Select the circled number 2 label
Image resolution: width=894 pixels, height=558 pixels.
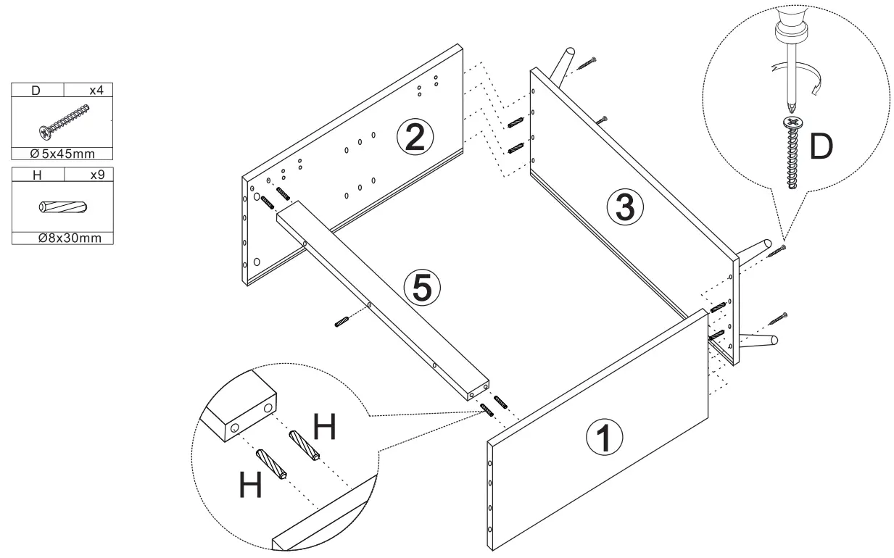pyautogui.click(x=414, y=138)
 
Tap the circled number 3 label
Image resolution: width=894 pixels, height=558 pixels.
pyautogui.click(x=625, y=207)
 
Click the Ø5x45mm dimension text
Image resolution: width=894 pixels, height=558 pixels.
pyautogui.click(x=62, y=154)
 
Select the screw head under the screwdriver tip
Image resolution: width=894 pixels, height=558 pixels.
pyautogui.click(x=792, y=123)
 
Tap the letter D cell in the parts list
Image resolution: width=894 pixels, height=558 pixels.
pyautogui.click(x=38, y=91)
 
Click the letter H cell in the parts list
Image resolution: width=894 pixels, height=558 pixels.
pyautogui.click(x=38, y=175)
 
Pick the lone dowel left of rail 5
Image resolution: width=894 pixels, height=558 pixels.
pyautogui.click(x=343, y=322)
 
